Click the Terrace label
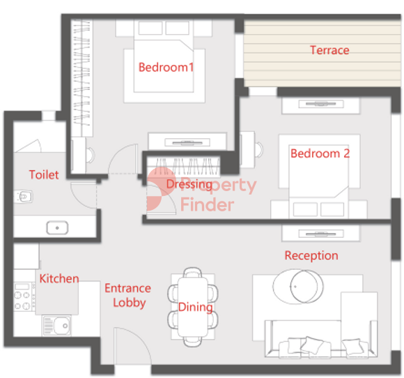[x=329, y=50]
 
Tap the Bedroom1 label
[x=166, y=68]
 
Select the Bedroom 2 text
[x=320, y=153]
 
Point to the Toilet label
[x=44, y=174]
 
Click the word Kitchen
[x=59, y=279]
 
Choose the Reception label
[x=311, y=255]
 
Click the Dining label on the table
[x=195, y=307]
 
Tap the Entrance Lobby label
[x=128, y=295]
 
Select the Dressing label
[x=189, y=184]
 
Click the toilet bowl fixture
[x=24, y=197]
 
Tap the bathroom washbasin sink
[x=57, y=228]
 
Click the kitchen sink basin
[x=57, y=326]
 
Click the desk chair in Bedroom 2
[x=259, y=149]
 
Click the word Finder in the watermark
[x=208, y=204]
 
